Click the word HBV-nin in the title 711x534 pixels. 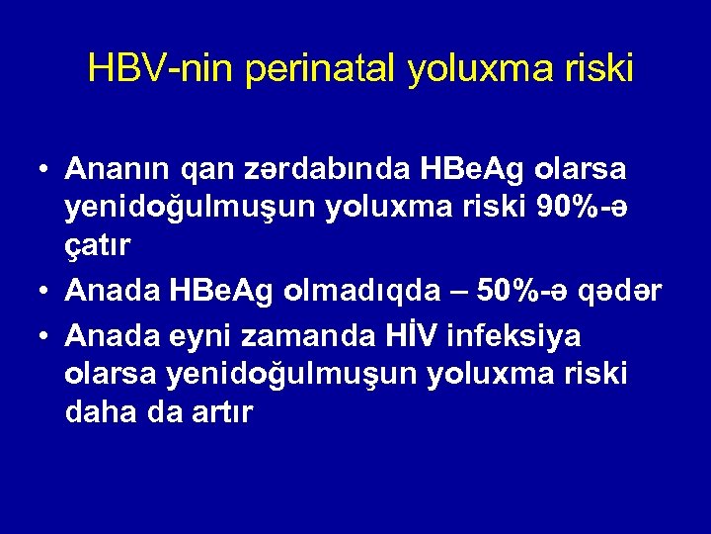point(158,68)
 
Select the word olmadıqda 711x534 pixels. point(372,292)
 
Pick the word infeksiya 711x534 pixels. point(515,336)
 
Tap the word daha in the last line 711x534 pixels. point(98,412)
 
